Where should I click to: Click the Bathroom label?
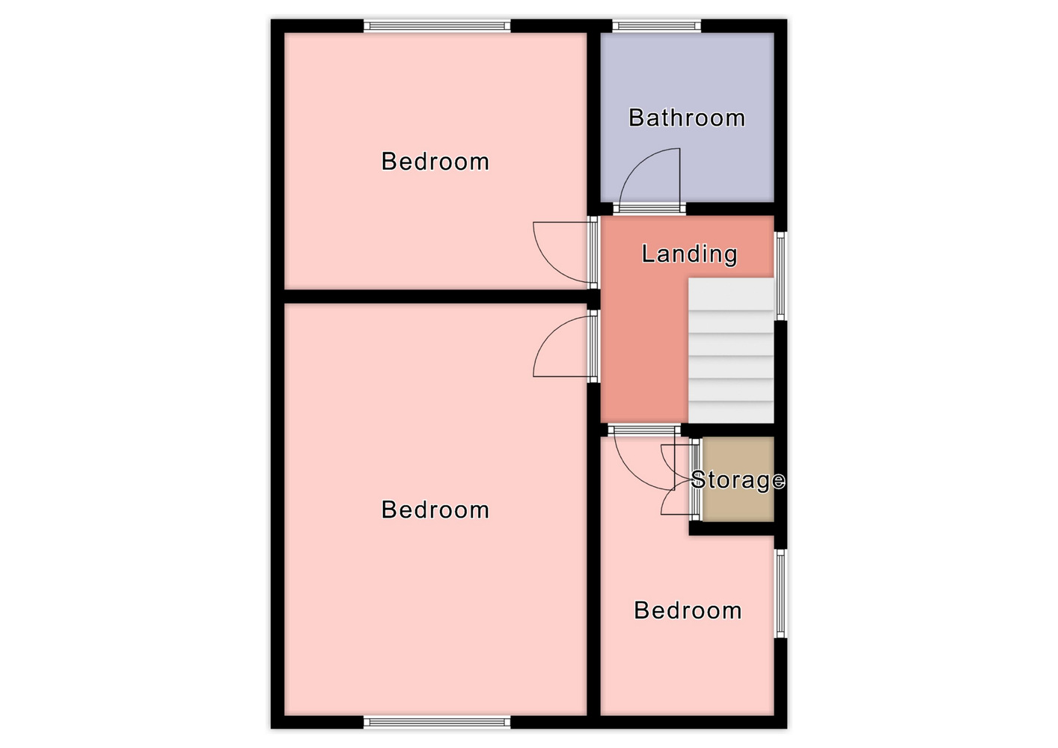(x=687, y=117)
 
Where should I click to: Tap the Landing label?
(x=689, y=254)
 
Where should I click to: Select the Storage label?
(x=738, y=480)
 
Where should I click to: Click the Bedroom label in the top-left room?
(x=435, y=162)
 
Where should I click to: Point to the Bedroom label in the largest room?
(x=435, y=510)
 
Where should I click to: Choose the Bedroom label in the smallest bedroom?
(x=688, y=610)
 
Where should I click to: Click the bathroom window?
(x=656, y=25)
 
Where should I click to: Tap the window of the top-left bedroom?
(x=437, y=25)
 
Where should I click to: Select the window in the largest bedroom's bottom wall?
(x=437, y=722)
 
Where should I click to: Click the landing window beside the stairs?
(x=780, y=276)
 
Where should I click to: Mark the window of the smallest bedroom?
(x=780, y=593)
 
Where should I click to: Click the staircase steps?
(x=731, y=350)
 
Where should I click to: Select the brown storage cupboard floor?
(x=738, y=479)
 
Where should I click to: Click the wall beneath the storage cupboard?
(x=731, y=528)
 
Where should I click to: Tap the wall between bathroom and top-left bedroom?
(x=593, y=118)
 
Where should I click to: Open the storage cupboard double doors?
(x=675, y=479)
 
